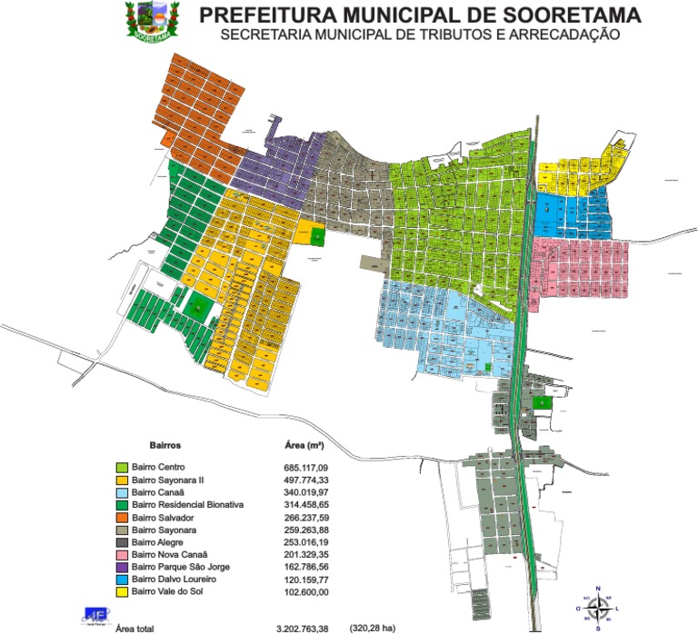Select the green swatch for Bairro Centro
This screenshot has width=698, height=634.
[122, 467]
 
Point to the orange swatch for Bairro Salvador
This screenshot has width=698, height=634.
[122, 517]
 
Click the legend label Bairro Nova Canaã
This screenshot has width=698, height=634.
[170, 554]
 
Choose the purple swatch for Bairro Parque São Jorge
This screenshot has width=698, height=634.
[122, 567]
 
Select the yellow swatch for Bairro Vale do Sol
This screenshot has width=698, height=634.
[122, 591]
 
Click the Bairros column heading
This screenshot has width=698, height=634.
[165, 446]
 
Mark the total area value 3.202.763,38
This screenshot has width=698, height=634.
[306, 628]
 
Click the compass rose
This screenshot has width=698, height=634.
[597, 608]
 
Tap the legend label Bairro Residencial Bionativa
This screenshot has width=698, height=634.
[187, 504]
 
